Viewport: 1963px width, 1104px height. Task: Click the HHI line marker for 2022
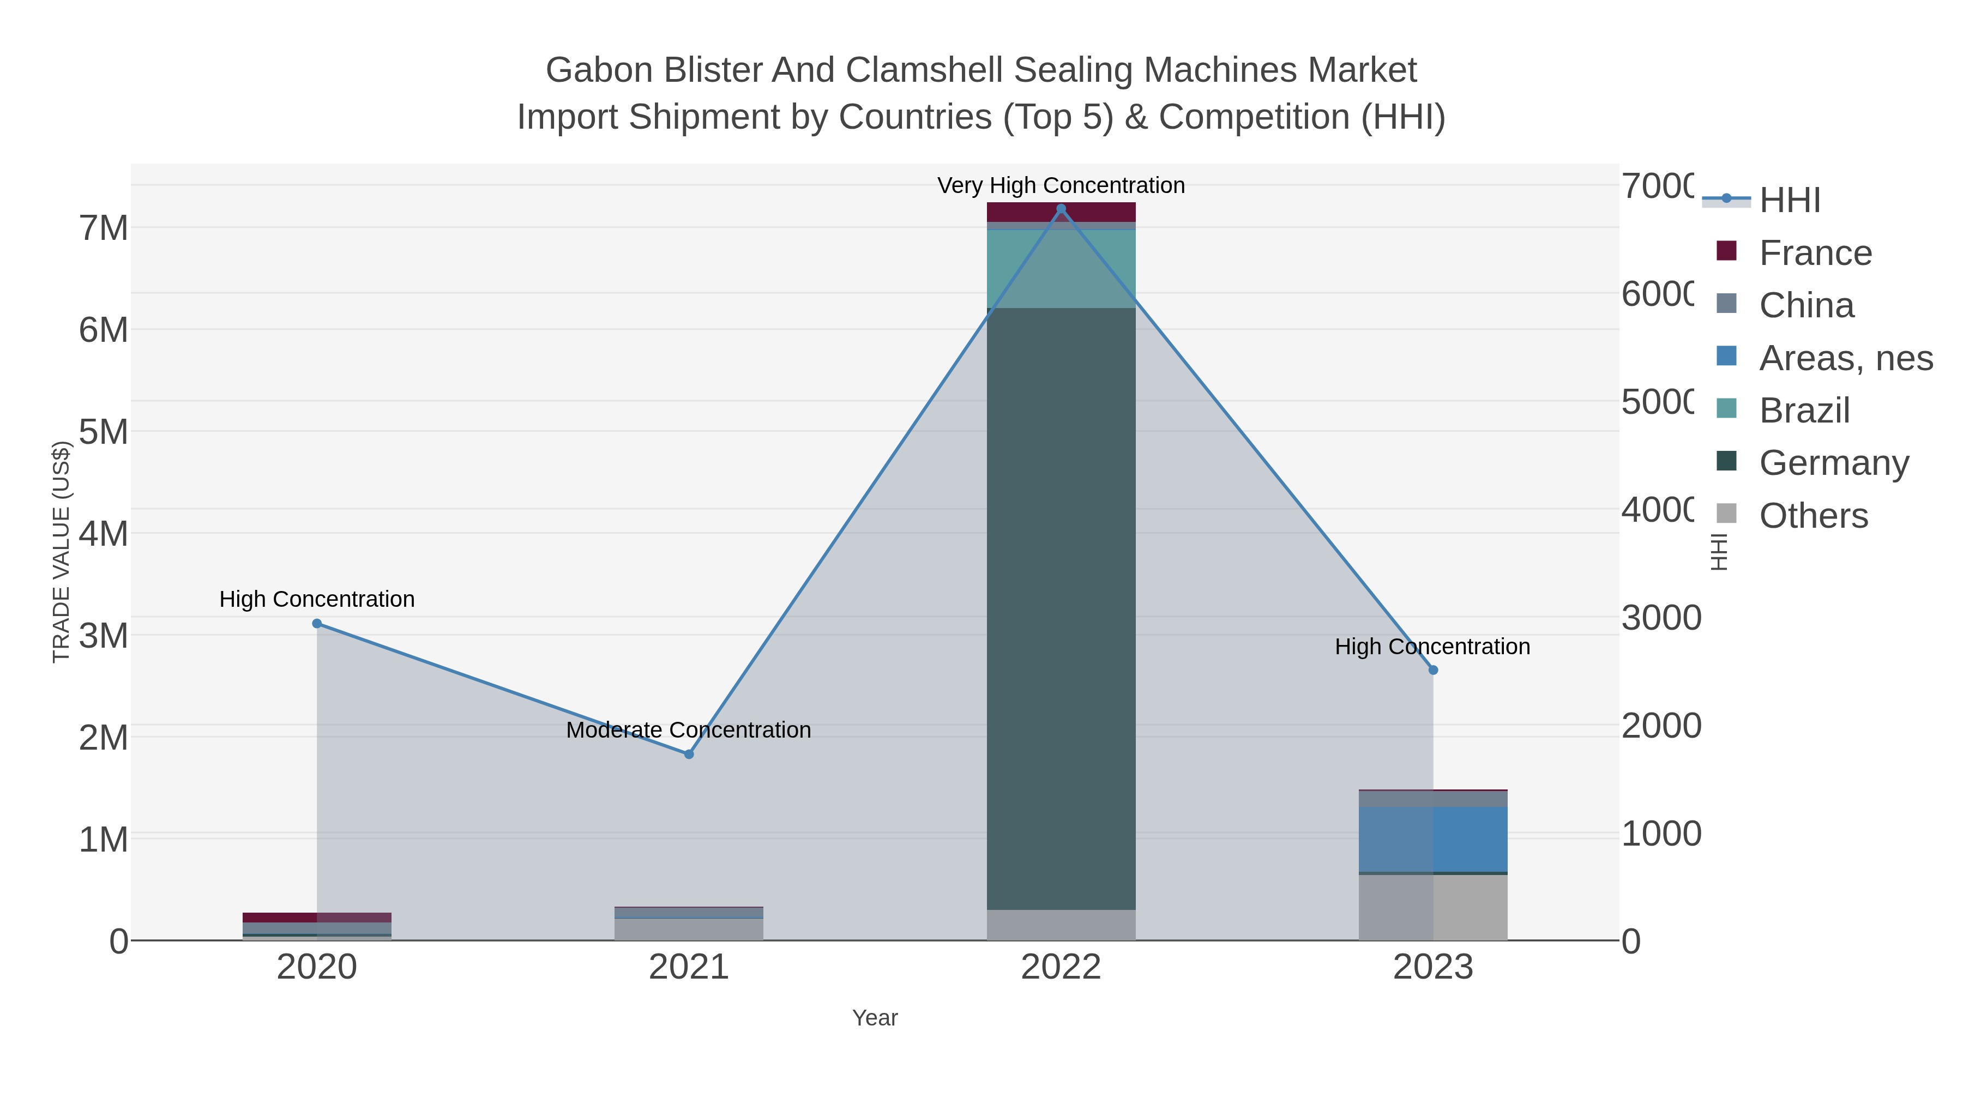pyautogui.click(x=1061, y=209)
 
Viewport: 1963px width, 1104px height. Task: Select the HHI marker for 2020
pyautogui.click(x=317, y=623)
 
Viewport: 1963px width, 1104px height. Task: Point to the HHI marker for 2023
pyautogui.click(x=1432, y=669)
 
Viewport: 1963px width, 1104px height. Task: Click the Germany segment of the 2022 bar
pyautogui.click(x=1061, y=610)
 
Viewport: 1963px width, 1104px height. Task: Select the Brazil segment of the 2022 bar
pyautogui.click(x=1061, y=268)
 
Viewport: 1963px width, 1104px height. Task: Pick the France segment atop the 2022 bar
pyautogui.click(x=1061, y=212)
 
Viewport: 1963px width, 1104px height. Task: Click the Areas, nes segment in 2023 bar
pyautogui.click(x=1432, y=838)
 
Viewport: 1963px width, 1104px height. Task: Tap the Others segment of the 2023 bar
pyautogui.click(x=1432, y=907)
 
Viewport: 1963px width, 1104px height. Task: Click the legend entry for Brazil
pyautogui.click(x=1804, y=411)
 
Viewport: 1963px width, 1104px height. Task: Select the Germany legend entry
pyautogui.click(x=1833, y=462)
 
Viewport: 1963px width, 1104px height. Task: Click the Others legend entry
pyautogui.click(x=1813, y=516)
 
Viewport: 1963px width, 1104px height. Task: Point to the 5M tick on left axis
pyautogui.click(x=104, y=432)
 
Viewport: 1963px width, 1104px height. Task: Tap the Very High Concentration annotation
pyautogui.click(x=1061, y=185)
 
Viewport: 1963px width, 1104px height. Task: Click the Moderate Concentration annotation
pyautogui.click(x=689, y=730)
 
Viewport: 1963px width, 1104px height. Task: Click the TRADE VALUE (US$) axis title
pyautogui.click(x=61, y=552)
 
